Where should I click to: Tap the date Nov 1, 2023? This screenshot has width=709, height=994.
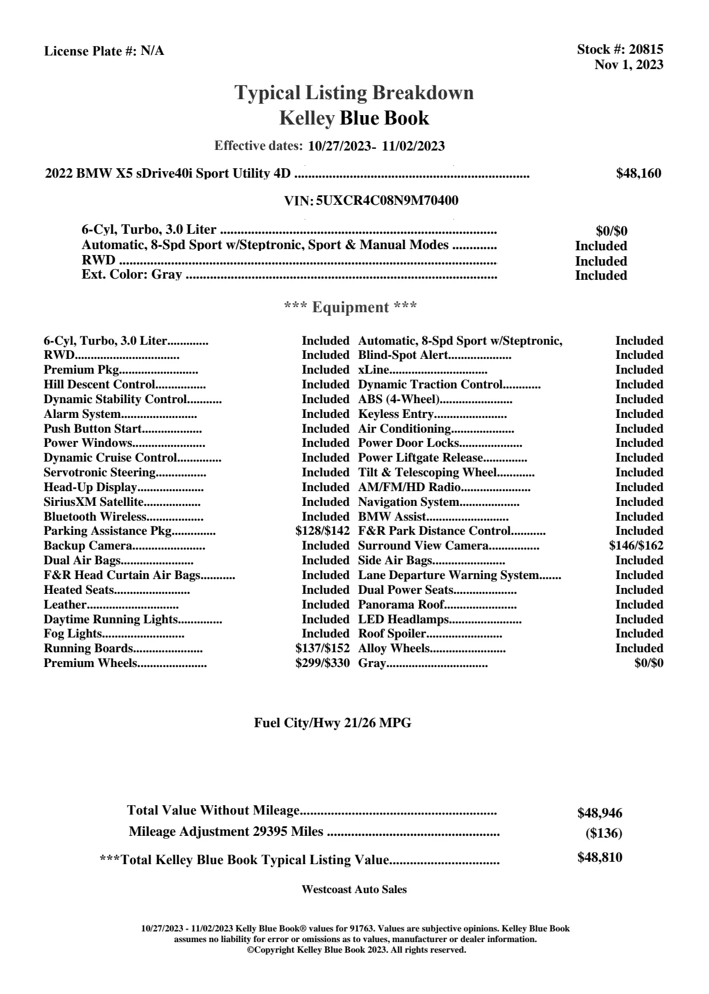629,64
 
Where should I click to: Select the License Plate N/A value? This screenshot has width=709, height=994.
152,51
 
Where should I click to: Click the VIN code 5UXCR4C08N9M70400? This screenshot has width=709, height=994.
387,201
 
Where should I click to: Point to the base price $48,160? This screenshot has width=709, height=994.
639,174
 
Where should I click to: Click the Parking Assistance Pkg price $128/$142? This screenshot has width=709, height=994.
322,531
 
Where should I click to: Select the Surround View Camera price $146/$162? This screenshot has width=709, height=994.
636,545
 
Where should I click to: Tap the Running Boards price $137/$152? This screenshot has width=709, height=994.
322,648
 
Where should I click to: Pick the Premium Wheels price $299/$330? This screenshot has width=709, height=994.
322,663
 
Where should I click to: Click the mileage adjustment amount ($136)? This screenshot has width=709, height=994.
603,833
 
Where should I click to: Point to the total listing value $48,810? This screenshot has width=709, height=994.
600,858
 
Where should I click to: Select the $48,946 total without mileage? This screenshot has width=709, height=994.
600,813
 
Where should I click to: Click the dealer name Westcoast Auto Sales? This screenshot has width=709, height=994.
354,890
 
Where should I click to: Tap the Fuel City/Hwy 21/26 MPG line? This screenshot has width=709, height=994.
332,723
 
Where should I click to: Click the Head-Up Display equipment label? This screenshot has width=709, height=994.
90,487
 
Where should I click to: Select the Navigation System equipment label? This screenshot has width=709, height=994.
409,502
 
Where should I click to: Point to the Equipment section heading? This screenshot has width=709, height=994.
351,308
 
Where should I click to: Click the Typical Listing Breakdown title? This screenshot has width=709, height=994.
354,93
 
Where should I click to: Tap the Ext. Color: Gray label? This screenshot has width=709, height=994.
132,274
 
